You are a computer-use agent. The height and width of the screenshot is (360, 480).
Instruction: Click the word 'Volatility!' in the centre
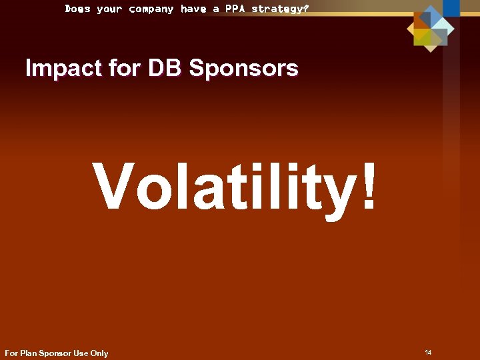[235, 187]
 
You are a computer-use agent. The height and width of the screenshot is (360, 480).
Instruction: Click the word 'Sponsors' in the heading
[243, 68]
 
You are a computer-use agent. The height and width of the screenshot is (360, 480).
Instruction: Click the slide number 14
[428, 352]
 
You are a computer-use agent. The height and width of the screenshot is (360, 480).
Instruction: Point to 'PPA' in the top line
[235, 9]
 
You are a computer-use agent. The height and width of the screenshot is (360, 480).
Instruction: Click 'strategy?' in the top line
[280, 9]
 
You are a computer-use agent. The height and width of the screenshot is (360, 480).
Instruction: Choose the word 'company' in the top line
[151, 9]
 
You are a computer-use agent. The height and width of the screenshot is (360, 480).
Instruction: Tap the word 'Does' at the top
[77, 9]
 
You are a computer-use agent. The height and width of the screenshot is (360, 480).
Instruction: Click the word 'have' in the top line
[193, 9]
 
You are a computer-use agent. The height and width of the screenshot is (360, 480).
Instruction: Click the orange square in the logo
[421, 21]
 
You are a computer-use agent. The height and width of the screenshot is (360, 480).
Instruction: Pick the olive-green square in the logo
[423, 37]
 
